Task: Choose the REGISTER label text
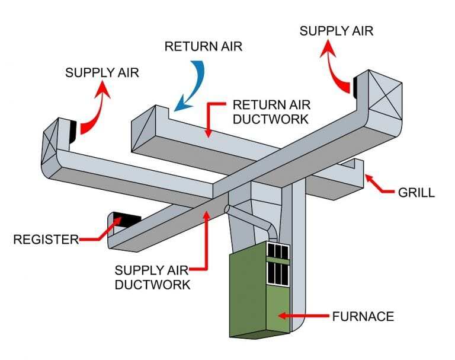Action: [x=46, y=240]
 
